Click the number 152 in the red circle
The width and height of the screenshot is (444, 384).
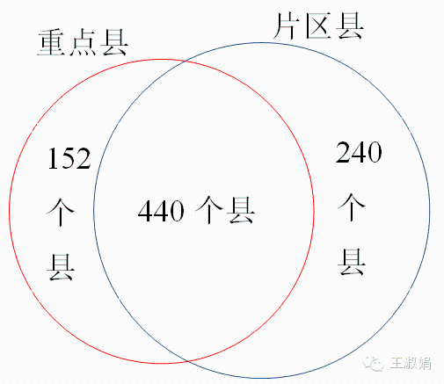(x=69, y=158)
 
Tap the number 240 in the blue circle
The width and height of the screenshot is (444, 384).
(x=359, y=152)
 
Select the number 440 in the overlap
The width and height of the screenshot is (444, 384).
(x=161, y=210)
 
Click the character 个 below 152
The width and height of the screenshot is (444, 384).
(x=61, y=212)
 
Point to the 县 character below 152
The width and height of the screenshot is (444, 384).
(x=61, y=267)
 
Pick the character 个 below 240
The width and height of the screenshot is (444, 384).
(x=352, y=207)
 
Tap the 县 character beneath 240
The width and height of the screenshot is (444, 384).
(x=352, y=262)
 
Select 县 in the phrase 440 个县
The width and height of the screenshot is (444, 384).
(x=241, y=210)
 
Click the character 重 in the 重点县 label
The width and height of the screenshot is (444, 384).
(x=52, y=43)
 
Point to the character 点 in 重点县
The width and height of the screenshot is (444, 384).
(x=83, y=43)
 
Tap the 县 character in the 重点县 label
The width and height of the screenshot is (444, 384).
(x=114, y=43)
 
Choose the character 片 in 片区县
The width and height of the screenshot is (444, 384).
(x=287, y=25)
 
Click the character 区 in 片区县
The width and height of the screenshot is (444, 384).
(x=318, y=25)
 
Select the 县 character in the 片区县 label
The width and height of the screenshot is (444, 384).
(x=349, y=25)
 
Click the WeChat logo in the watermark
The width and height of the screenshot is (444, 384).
(x=374, y=364)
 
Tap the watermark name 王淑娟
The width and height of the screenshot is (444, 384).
(x=411, y=364)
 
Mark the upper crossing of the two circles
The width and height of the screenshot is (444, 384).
(x=185, y=62)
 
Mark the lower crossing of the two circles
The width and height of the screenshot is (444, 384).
(x=187, y=361)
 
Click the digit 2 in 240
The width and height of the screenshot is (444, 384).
(x=343, y=152)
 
